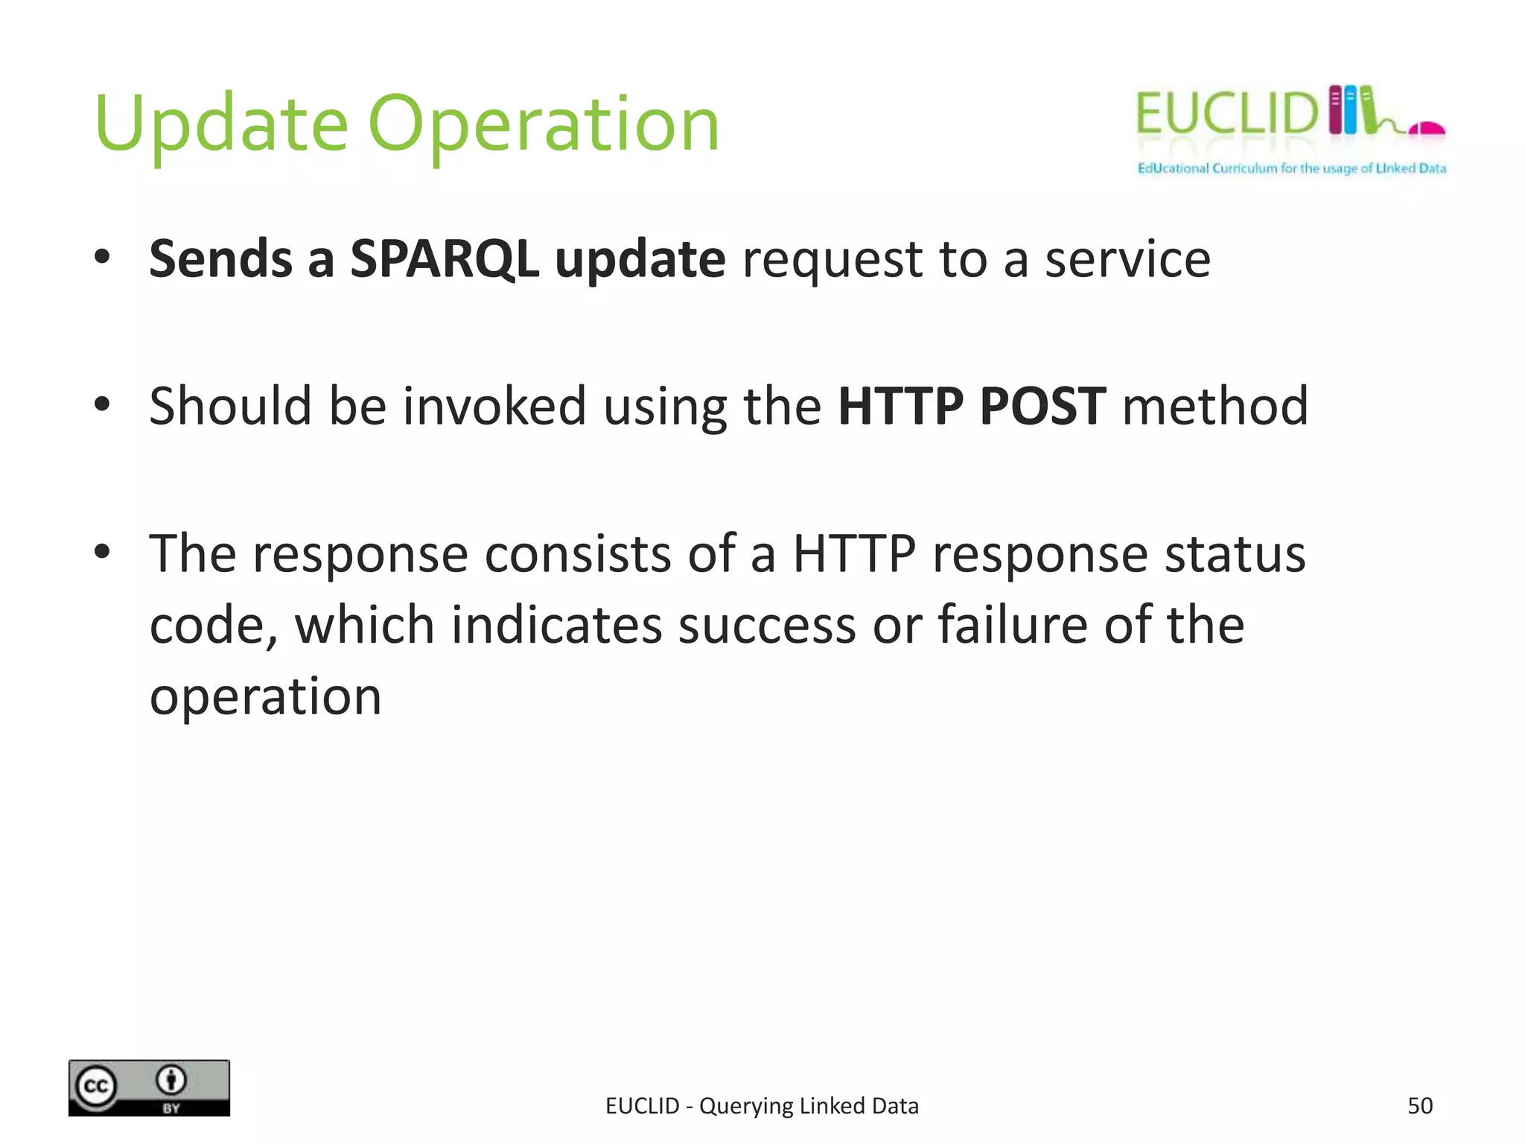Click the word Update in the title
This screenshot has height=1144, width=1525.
coord(221,124)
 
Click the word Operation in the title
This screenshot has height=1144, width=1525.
coord(544,124)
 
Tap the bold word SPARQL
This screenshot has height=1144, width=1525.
coord(445,259)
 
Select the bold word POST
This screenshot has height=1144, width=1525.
coord(1042,406)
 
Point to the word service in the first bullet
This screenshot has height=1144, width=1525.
coord(1127,259)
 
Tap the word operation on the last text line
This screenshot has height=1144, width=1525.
coord(265,697)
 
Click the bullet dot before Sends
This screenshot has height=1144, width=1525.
coord(103,258)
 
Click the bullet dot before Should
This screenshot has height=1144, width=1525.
coord(103,404)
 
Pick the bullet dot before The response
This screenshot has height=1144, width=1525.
coord(103,552)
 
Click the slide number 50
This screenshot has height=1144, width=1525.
coord(1419,1106)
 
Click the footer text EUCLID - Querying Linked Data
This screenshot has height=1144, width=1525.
coord(762,1106)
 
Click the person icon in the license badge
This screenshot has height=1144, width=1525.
coord(171,1080)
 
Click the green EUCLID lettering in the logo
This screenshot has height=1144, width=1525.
coord(1226,113)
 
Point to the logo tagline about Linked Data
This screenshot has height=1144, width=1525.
coord(1291,168)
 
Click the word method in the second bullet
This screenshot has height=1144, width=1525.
coord(1214,406)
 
